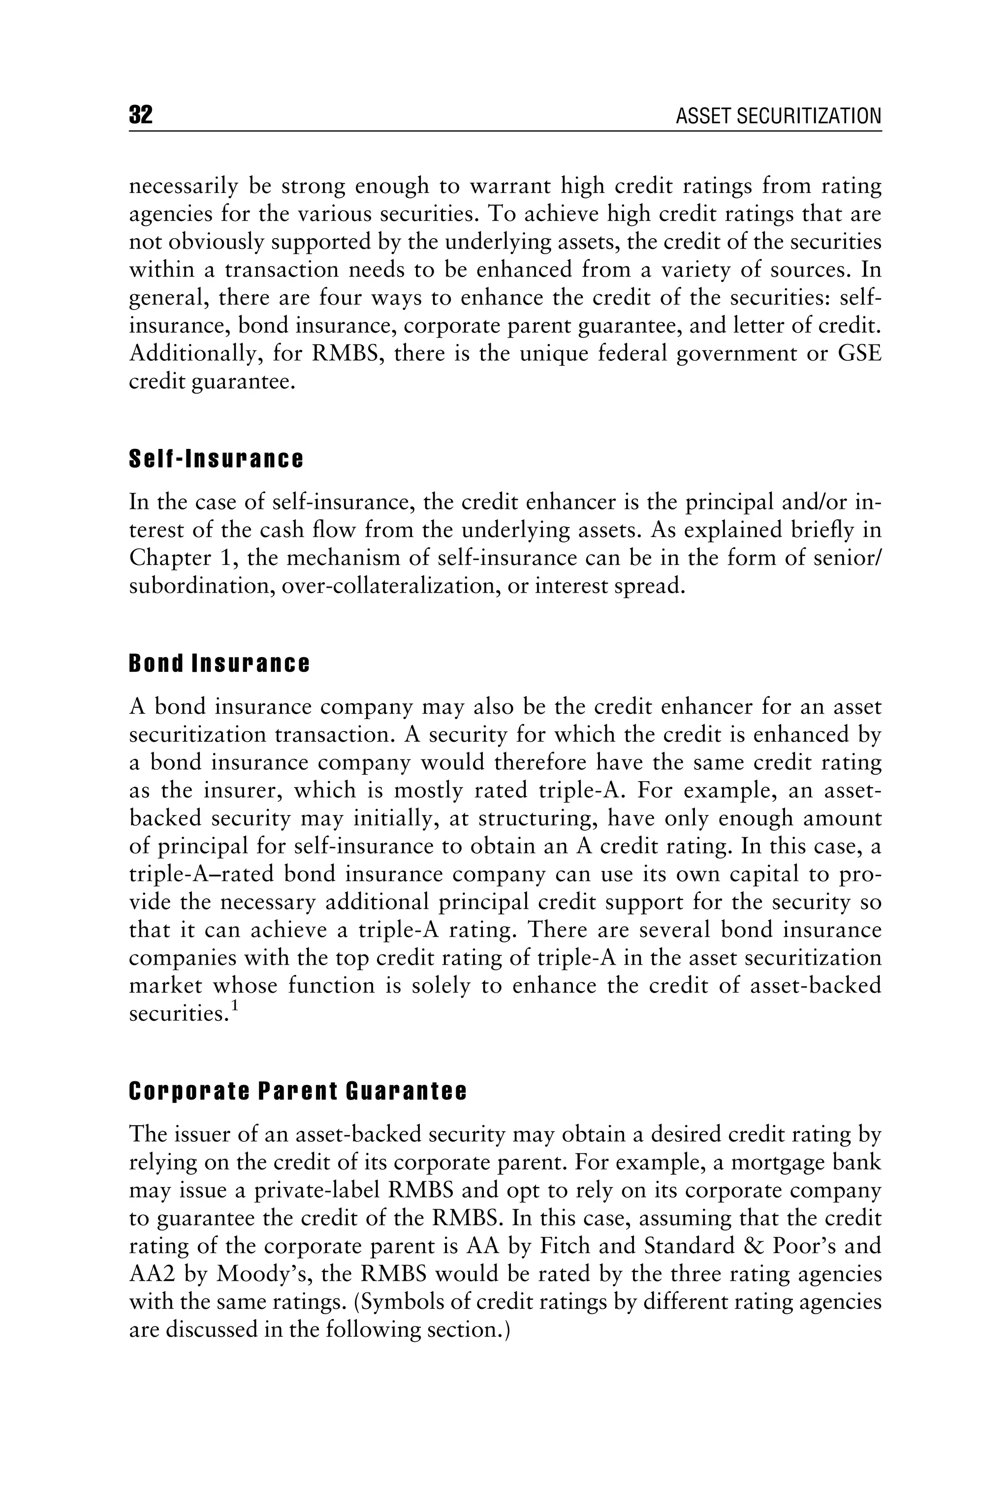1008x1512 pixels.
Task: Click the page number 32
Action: tap(141, 115)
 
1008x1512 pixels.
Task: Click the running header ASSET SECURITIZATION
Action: tap(779, 116)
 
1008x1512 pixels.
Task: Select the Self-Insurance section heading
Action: tap(216, 460)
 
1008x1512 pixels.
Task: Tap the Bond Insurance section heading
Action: tap(219, 664)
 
